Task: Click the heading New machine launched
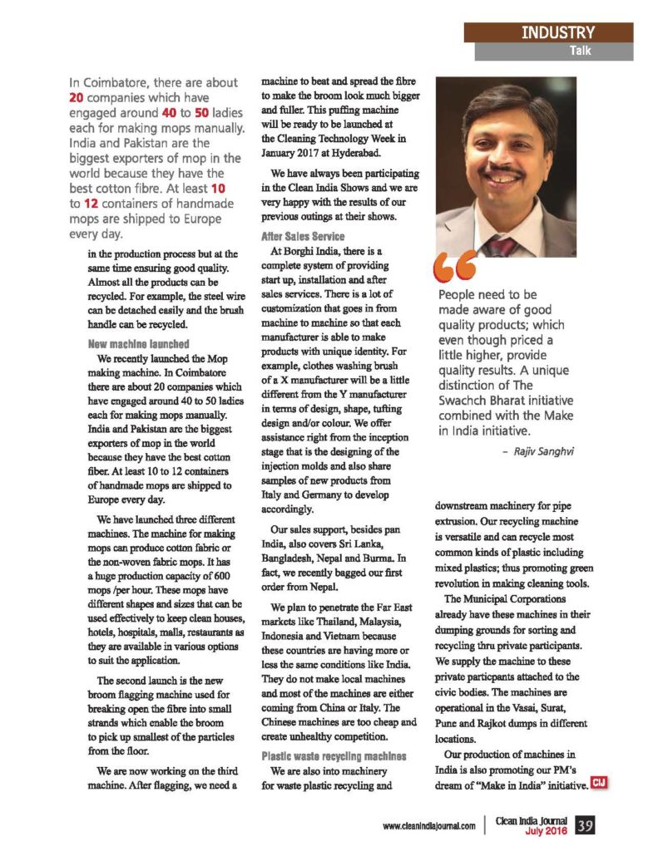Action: [x=138, y=343]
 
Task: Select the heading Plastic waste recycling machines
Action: [x=334, y=756]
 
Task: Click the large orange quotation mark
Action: [x=454, y=267]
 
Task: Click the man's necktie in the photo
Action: [x=502, y=246]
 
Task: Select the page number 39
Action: [x=585, y=825]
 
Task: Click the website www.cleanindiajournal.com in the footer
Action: [x=429, y=826]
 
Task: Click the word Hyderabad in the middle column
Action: [x=349, y=154]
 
